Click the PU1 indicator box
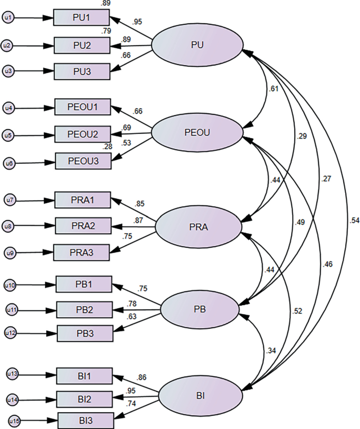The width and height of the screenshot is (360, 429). (81, 18)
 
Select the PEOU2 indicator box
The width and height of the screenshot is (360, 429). (84, 135)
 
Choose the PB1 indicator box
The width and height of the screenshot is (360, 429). (84, 285)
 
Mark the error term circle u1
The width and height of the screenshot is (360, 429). (7, 18)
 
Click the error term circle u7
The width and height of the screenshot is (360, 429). (8, 200)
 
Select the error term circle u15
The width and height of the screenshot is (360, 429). (12, 421)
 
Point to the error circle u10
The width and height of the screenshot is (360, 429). (10, 286)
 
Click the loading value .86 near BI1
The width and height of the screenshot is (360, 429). (140, 378)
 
